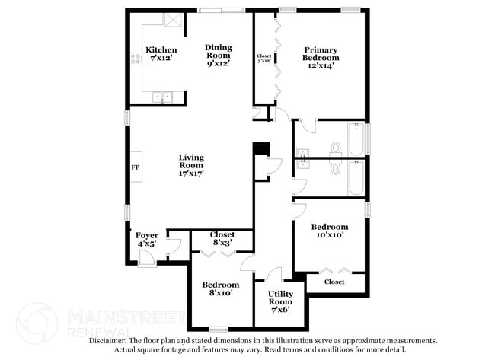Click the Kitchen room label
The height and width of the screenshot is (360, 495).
click(161, 50)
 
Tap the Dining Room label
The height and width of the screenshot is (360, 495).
click(219, 51)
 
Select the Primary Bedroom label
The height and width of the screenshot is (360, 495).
click(321, 54)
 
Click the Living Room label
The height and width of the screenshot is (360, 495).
click(191, 161)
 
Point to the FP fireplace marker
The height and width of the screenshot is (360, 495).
click(136, 167)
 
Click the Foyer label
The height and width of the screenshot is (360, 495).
click(147, 235)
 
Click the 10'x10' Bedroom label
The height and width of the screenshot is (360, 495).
click(330, 227)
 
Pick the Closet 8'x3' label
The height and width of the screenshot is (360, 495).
click(222, 234)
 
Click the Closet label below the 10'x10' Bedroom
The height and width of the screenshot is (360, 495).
click(334, 282)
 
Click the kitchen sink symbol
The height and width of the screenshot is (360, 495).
click(161, 97)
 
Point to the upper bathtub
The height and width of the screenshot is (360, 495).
click(356, 138)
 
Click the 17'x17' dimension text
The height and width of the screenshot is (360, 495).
click(191, 174)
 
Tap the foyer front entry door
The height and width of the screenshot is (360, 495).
click(147, 260)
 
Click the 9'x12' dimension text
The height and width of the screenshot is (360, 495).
click(219, 63)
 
